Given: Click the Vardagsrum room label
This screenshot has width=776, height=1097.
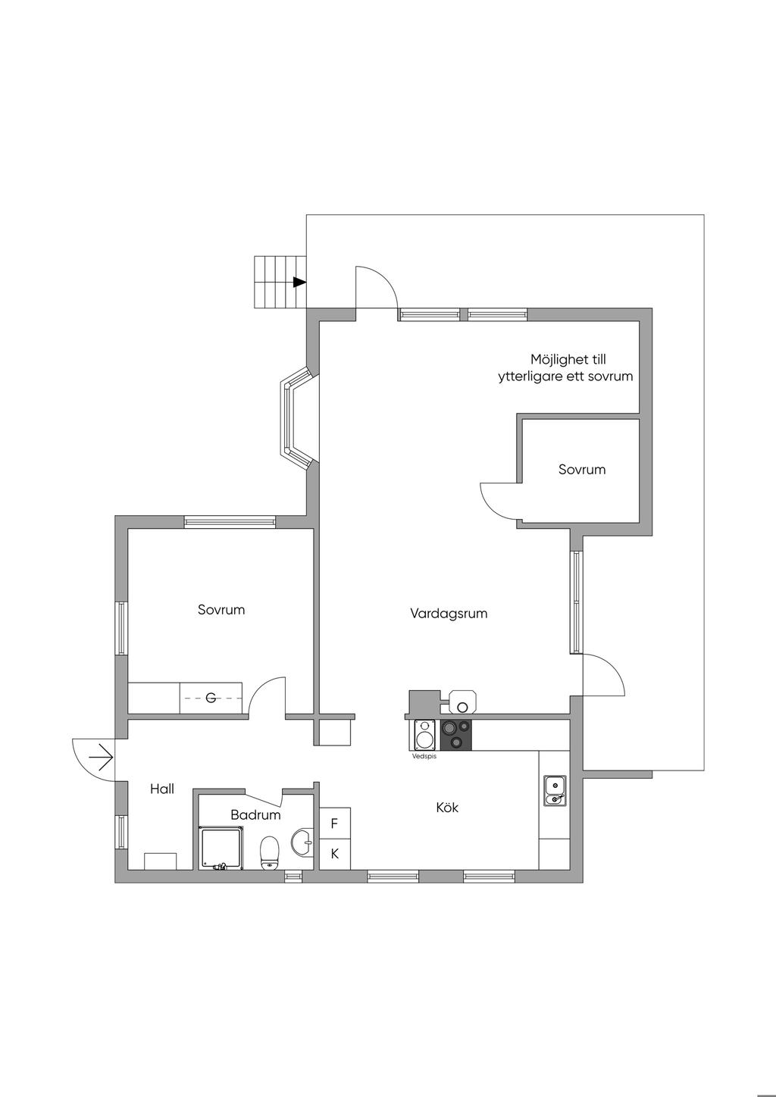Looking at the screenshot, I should [x=449, y=614].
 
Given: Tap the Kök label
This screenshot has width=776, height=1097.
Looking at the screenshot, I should [x=447, y=808].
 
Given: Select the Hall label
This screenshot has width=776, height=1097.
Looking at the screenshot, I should [x=162, y=789].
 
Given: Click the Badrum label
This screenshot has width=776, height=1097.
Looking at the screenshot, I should [x=255, y=815].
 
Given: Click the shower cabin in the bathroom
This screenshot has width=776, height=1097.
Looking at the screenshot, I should [x=221, y=848].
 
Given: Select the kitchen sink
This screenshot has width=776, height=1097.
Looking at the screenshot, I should [x=555, y=790].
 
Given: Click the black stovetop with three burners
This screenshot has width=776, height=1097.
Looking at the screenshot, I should [x=456, y=734].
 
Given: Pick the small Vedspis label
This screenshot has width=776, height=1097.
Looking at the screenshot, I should [x=424, y=756].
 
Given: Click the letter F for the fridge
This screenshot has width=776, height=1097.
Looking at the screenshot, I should [x=334, y=823].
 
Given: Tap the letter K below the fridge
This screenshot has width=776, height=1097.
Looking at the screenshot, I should [x=334, y=854].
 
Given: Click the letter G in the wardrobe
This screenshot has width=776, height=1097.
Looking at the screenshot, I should [x=211, y=697].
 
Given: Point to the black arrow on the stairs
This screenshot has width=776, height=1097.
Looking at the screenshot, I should [x=299, y=282].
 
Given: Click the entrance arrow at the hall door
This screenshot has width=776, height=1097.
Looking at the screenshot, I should [x=102, y=756].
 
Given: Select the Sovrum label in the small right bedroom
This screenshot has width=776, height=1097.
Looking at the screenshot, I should [x=582, y=470].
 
